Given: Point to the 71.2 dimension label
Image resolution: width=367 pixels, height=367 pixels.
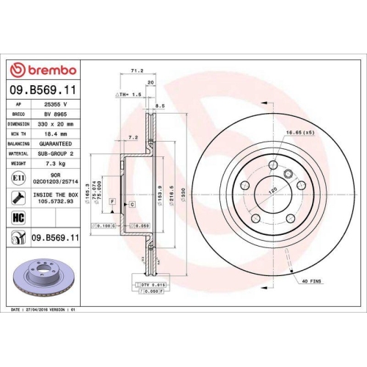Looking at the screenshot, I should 136,71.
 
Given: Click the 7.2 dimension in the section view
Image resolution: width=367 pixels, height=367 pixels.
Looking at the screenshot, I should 132,137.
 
